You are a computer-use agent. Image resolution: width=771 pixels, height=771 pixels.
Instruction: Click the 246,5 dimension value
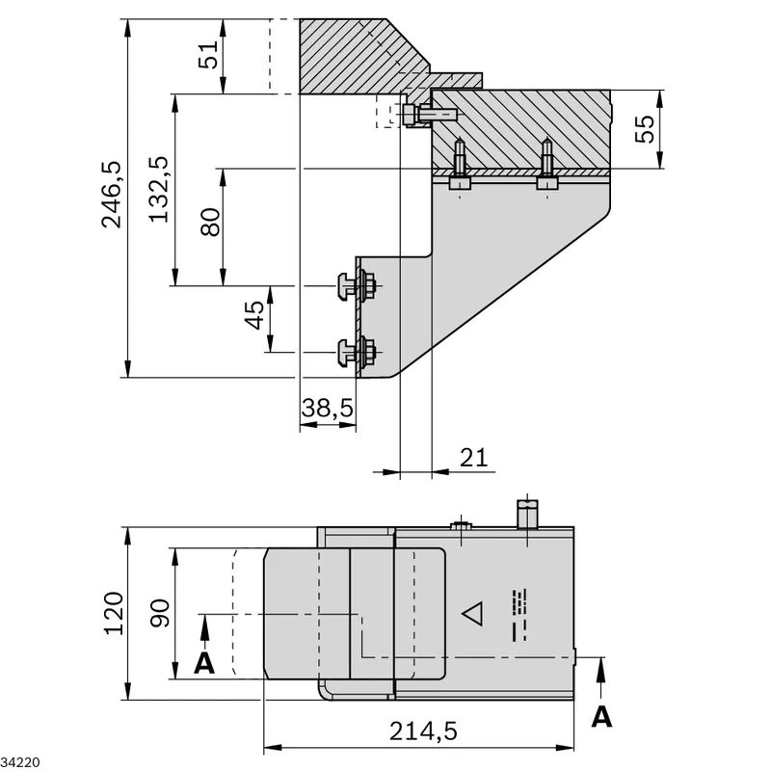[112, 195]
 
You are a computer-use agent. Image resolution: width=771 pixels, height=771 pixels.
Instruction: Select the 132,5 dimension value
[159, 189]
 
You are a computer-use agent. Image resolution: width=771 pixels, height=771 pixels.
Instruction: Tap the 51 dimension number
[207, 55]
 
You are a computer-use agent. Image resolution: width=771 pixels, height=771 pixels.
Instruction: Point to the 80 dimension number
[211, 223]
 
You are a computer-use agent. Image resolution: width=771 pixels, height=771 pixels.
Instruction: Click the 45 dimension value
[254, 315]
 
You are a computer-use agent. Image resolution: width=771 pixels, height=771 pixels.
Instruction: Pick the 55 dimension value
[645, 129]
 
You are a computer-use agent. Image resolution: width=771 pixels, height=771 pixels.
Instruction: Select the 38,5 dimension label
[328, 408]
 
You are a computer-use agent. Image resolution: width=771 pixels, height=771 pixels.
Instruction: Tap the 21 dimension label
[473, 458]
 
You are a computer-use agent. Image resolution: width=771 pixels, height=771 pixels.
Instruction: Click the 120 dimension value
[114, 613]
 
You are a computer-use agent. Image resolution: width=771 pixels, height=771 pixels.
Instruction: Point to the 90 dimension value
[160, 613]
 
